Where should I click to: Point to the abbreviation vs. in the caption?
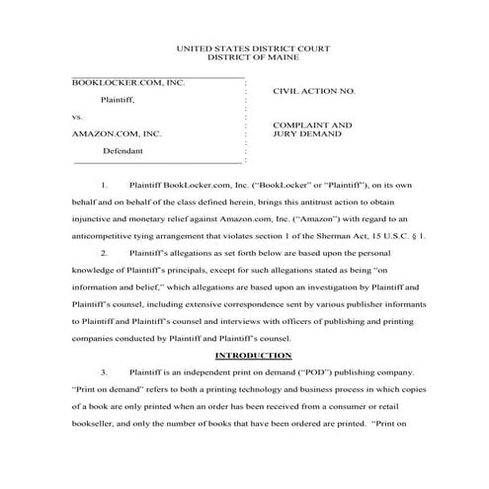pyautogui.click(x=79, y=117)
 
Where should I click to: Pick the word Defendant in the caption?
pyautogui.click(x=122, y=151)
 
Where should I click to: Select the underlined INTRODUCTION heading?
pyautogui.click(x=244, y=355)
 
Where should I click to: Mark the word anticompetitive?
pyautogui.click(x=104, y=236)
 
